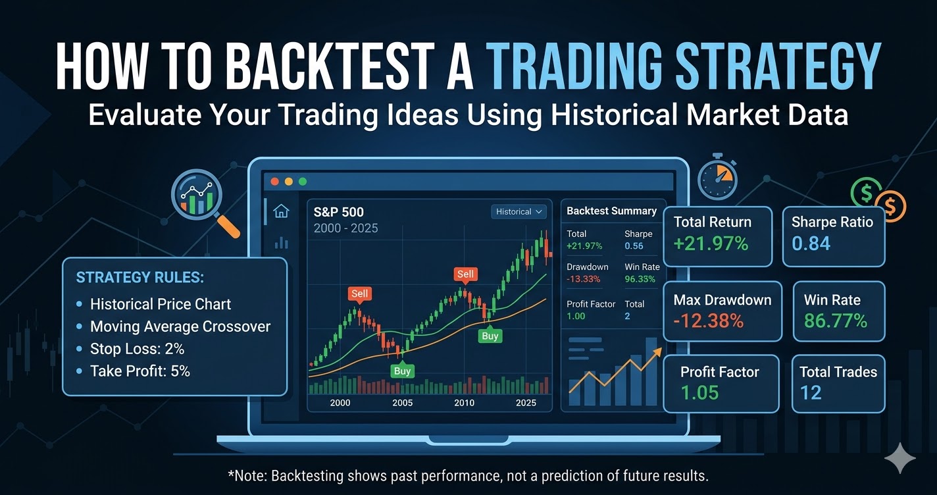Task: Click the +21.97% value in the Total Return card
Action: pyautogui.click(x=711, y=244)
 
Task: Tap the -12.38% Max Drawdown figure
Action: pyautogui.click(x=708, y=321)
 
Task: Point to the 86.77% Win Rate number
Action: pyautogui.click(x=835, y=321)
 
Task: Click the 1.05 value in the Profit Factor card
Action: pyautogui.click(x=699, y=393)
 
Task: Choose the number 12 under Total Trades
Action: pyautogui.click(x=811, y=393)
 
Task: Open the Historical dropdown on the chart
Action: pyautogui.click(x=519, y=211)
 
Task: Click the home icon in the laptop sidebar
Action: pyautogui.click(x=281, y=211)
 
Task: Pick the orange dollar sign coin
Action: pyautogui.click(x=890, y=207)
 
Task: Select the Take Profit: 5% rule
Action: pyautogui.click(x=139, y=371)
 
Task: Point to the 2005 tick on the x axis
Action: pyautogui.click(x=402, y=403)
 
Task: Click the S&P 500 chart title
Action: pyautogui.click(x=340, y=212)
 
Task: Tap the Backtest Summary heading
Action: pyautogui.click(x=611, y=211)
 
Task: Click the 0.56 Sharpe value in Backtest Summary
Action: pyautogui.click(x=634, y=246)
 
